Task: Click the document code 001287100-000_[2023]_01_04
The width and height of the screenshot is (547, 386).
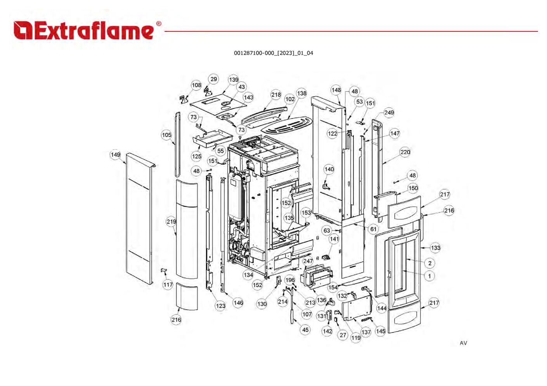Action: (x=273, y=53)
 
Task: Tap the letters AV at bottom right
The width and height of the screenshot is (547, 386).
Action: (x=463, y=343)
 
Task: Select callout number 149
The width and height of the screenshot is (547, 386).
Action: (x=116, y=155)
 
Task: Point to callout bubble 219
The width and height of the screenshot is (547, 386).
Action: (x=171, y=222)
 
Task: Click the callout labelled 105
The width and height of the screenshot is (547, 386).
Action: (x=166, y=135)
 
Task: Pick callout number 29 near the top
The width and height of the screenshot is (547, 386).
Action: (x=214, y=79)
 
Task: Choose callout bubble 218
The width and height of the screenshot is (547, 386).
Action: (x=276, y=95)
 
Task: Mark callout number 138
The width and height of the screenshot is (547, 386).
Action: (x=301, y=93)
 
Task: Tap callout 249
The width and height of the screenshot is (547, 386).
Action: (x=389, y=113)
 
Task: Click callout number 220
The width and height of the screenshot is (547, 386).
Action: (x=405, y=152)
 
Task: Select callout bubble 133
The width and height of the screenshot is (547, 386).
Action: (x=435, y=248)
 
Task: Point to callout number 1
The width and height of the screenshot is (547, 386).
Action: (x=429, y=276)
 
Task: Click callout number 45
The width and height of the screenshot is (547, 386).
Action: (x=305, y=330)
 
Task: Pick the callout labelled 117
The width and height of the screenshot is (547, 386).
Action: (x=168, y=285)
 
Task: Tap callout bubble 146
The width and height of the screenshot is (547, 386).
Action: (x=238, y=303)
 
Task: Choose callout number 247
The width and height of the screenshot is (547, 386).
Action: (x=308, y=261)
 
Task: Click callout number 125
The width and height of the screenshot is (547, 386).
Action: (x=197, y=156)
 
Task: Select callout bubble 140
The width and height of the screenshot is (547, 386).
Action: (x=329, y=169)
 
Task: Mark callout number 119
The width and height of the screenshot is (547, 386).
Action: (x=356, y=338)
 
